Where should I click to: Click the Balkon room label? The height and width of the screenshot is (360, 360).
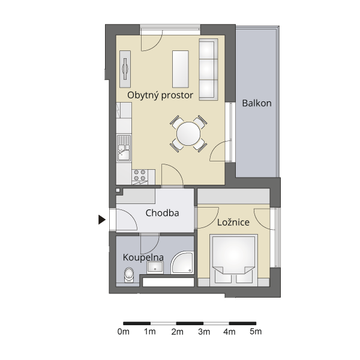(x=257, y=103)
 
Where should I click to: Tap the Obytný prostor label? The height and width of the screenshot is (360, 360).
(x=160, y=95)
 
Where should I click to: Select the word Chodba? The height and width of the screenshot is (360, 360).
(x=162, y=213)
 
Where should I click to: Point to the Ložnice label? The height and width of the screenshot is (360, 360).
(x=233, y=222)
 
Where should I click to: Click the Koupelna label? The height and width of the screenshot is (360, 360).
(x=143, y=257)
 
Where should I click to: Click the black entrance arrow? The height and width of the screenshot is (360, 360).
(x=102, y=220)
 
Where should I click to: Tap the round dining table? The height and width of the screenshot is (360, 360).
(x=188, y=134)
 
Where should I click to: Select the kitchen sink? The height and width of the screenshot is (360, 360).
(x=124, y=148)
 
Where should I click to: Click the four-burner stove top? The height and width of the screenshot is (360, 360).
(x=140, y=175)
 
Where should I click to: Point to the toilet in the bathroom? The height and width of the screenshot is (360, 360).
(x=129, y=275)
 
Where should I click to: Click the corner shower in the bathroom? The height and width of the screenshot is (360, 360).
(x=182, y=262)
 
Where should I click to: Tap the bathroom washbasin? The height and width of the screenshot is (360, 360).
(x=155, y=268)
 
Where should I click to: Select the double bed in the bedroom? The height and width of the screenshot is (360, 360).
(x=233, y=260)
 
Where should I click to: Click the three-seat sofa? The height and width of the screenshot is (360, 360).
(x=208, y=70)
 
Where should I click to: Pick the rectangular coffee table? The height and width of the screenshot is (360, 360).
(x=181, y=69)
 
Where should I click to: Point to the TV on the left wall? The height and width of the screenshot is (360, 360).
(x=125, y=69)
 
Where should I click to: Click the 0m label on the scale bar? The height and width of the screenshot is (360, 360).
(x=123, y=332)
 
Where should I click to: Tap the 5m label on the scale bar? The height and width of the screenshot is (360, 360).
(x=256, y=332)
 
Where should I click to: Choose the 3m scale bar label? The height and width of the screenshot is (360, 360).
(x=204, y=332)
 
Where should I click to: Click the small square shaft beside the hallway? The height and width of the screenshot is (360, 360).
(x=118, y=190)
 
